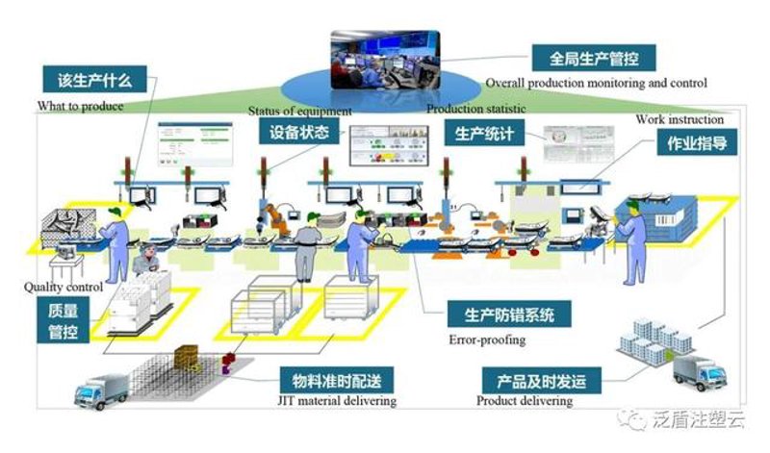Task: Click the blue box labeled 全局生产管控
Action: (594, 59)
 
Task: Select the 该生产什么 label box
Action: (94, 80)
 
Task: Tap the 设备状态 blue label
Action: (299, 132)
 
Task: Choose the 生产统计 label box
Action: (484, 133)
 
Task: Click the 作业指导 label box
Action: (697, 142)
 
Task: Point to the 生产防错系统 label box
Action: (509, 315)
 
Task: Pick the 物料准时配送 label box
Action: (336, 380)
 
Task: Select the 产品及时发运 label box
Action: (541, 380)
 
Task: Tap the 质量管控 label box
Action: (63, 320)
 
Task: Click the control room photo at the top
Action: (385, 60)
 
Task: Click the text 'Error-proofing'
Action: (487, 340)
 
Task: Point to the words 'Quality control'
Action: (64, 287)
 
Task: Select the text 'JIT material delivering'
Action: (337, 400)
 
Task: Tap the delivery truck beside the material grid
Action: (101, 391)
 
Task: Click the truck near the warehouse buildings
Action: (700, 372)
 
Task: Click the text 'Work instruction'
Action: (680, 119)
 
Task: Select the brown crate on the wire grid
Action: (186, 355)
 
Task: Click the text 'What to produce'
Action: (80, 106)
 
